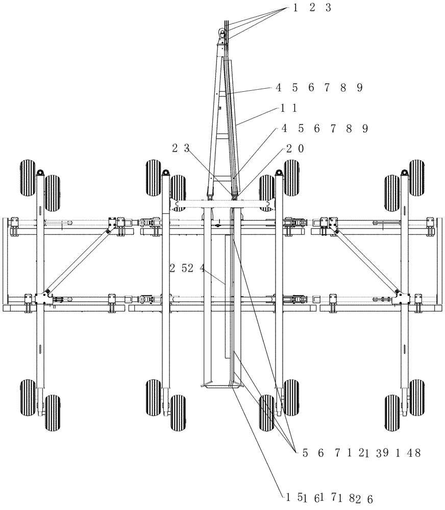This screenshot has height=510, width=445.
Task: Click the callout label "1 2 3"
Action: tap(312, 8)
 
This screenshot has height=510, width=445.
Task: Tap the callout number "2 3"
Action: tap(181, 148)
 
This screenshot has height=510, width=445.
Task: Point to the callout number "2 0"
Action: tap(295, 148)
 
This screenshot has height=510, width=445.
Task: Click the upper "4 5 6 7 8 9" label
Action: tap(319, 88)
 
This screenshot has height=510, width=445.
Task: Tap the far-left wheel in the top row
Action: tap(29, 175)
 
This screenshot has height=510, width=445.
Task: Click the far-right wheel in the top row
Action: tap(416, 175)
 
